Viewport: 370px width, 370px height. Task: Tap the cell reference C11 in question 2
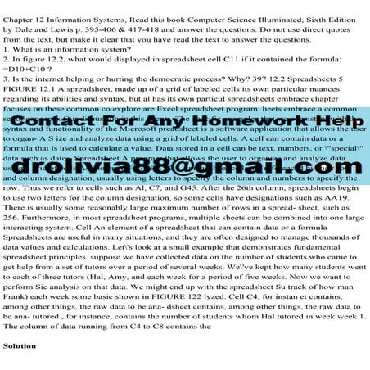pyautogui.click(x=190, y=60)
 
